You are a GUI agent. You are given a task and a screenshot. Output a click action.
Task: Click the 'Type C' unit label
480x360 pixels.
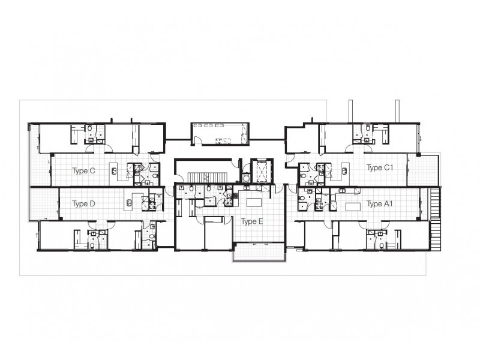tap(83, 170)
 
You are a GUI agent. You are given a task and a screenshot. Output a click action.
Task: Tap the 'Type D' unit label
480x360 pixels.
tap(83, 203)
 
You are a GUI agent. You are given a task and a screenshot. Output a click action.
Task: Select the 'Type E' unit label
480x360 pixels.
tap(252, 221)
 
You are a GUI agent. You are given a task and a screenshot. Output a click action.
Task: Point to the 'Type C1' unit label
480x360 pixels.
tap(380, 167)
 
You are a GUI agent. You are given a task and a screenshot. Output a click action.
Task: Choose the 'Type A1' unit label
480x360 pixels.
tap(380, 203)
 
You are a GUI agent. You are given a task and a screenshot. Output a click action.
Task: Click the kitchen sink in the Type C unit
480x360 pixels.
tap(114, 171)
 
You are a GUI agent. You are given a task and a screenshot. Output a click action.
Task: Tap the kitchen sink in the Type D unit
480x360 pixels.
tap(129, 203)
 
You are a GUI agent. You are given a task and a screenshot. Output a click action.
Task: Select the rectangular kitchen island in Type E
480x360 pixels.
tap(254, 202)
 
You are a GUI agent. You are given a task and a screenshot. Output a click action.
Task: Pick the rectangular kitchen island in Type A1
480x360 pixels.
tap(353, 206)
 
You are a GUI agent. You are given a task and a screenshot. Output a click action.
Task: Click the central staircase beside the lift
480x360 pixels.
tap(208, 177)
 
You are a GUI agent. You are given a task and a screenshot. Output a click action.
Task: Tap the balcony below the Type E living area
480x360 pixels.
tap(259, 251)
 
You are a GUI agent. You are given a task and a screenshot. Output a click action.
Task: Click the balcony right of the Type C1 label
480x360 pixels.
tap(424, 170)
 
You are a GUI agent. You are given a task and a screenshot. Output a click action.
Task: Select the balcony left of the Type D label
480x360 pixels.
tap(44, 203)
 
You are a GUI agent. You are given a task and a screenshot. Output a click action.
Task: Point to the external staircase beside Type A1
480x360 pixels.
tap(435, 219)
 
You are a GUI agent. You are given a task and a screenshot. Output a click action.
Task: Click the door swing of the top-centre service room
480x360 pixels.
tap(199, 140)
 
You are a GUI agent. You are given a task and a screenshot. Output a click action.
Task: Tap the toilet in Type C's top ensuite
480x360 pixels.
tap(90, 128)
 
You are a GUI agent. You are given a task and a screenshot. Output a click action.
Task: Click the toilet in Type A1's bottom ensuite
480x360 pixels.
tap(382, 245)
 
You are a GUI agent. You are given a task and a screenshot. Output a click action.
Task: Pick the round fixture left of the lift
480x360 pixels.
tap(245, 177)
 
